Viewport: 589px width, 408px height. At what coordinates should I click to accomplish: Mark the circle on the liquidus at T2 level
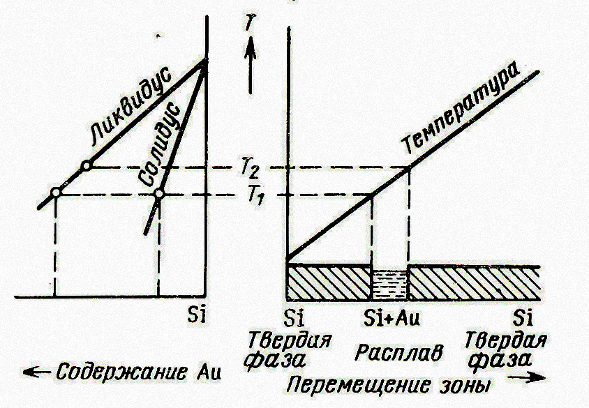point(86,166)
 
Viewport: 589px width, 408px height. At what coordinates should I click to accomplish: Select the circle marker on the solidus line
point(159,193)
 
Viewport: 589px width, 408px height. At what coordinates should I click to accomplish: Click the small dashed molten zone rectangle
point(389,282)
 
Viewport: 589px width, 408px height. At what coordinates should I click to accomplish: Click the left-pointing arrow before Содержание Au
point(33,371)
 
